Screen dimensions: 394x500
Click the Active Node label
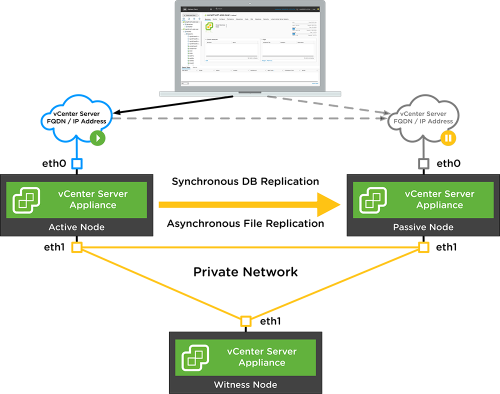point(76,227)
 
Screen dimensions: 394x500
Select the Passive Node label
point(423,227)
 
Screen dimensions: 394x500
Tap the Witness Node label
point(245,384)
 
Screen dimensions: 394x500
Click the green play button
point(98,137)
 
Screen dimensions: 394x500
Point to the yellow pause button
point(448,137)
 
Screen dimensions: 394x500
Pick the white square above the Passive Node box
point(423,163)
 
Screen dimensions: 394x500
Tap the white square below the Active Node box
point(76,247)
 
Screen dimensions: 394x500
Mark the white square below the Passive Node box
point(423,247)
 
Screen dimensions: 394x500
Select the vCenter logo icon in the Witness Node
point(194,357)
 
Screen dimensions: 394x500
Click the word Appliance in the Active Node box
point(93,205)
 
